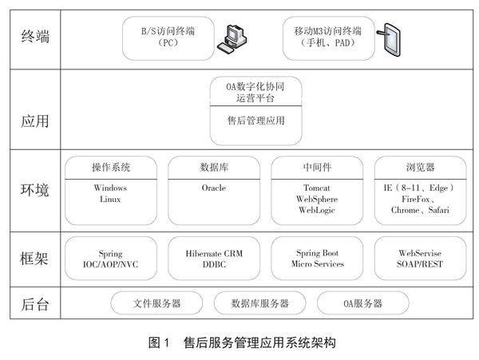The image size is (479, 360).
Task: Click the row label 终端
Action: tap(36, 37)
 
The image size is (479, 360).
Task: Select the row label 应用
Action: tap(36, 122)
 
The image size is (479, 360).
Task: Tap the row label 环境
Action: tap(36, 192)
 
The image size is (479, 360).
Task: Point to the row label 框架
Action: tap(36, 259)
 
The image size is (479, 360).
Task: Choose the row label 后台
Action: tap(36, 303)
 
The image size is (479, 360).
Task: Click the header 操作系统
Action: tap(110, 168)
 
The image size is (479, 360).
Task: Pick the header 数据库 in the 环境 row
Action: tap(213, 168)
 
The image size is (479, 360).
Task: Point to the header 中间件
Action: tap(317, 168)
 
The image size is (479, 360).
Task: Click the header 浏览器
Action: tap(420, 168)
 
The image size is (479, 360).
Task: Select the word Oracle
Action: tap(213, 188)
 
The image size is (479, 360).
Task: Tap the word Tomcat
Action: tap(317, 188)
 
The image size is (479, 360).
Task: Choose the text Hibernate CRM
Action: tap(213, 252)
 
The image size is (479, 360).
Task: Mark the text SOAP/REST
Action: tap(420, 263)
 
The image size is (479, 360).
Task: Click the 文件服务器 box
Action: tap(156, 303)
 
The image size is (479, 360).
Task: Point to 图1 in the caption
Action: tap(160, 343)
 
